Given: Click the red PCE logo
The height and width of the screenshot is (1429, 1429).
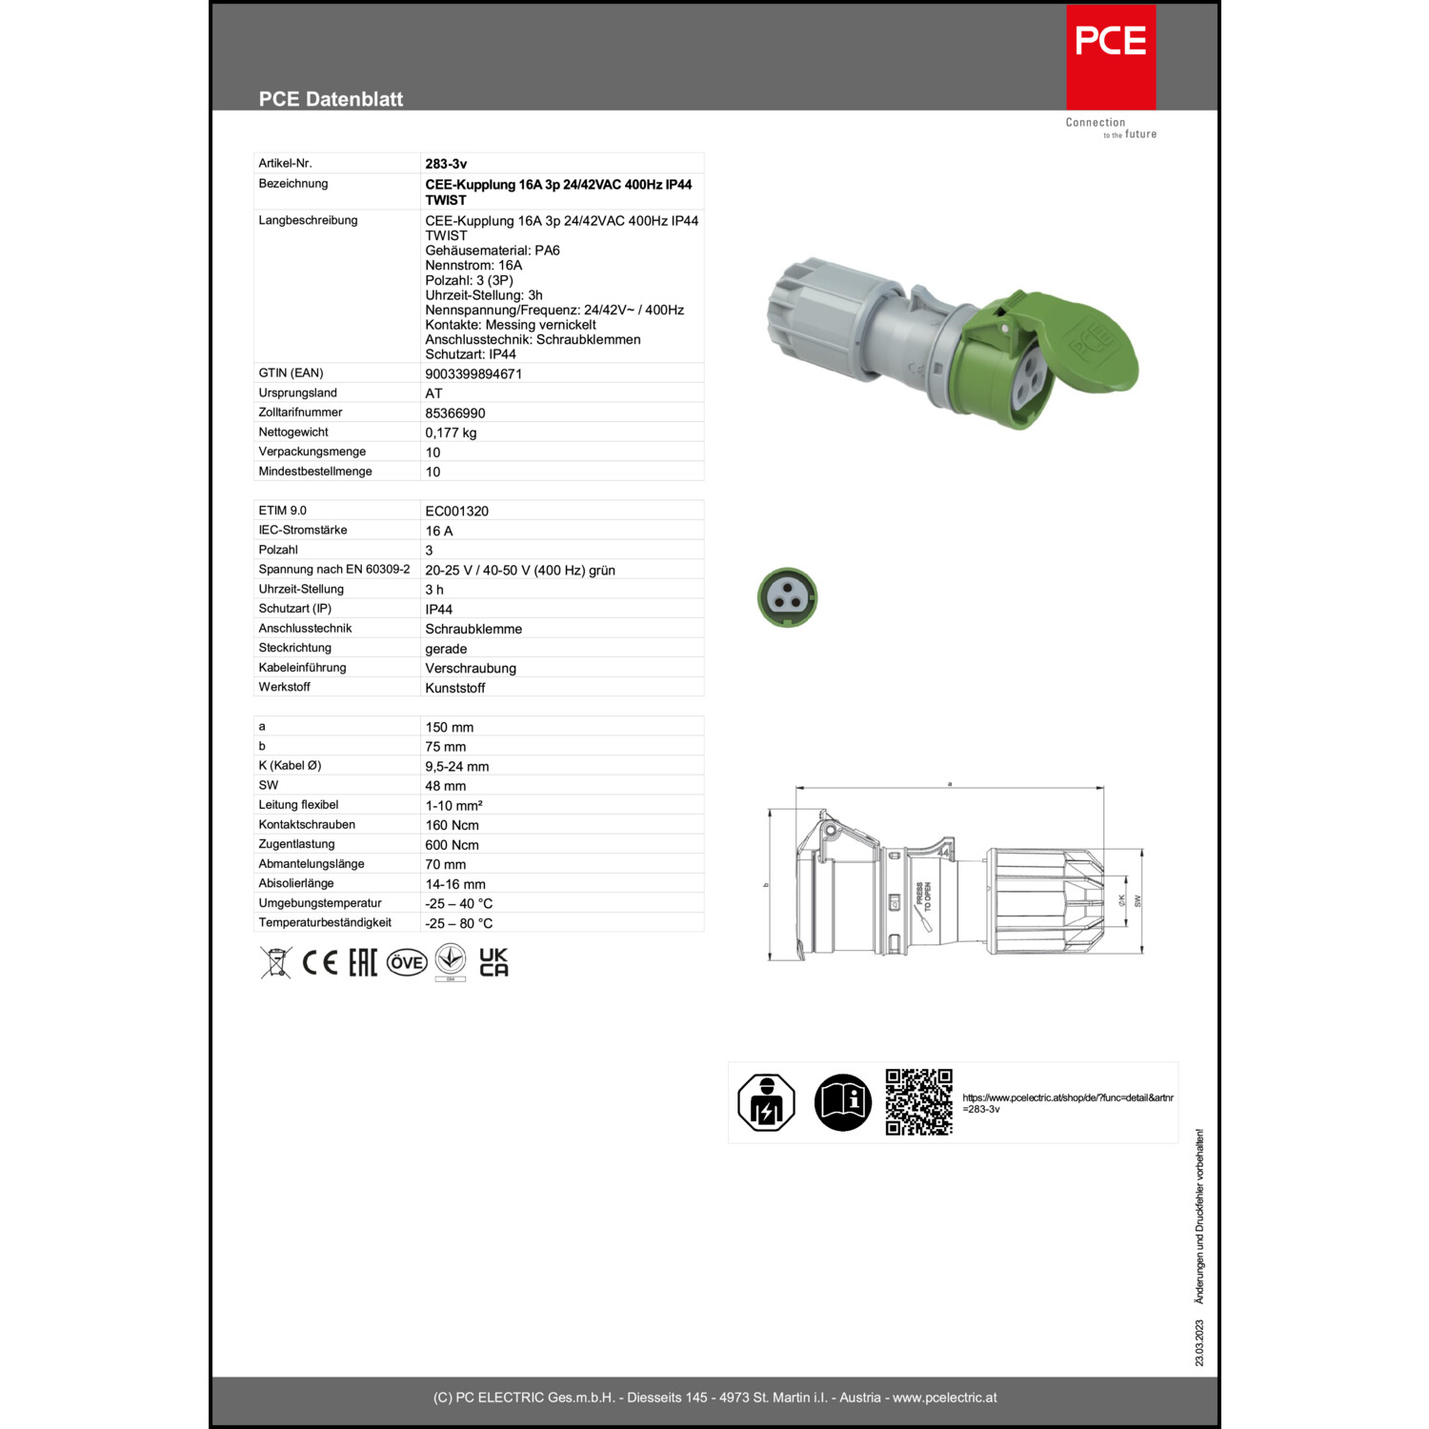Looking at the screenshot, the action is coord(1111,57).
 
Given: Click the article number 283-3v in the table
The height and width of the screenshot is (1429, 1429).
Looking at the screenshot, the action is coord(446,164).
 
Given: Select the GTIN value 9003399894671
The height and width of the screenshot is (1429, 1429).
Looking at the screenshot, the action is coord(473,374).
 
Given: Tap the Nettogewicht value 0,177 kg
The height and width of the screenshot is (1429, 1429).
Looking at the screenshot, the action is coord(451,433).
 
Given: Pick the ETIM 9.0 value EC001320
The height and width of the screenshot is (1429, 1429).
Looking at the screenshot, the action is coord(456,512).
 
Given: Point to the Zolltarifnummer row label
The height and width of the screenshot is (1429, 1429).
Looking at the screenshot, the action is coord(300,413).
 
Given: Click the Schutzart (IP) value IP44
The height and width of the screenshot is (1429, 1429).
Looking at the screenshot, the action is coord(438,610).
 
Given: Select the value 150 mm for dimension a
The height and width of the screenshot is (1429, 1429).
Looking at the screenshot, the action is coord(449,728).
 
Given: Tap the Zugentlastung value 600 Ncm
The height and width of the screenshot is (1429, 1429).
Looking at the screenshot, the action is coord(452,845).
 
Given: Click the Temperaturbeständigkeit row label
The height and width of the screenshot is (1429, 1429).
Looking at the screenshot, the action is coord(325,923).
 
